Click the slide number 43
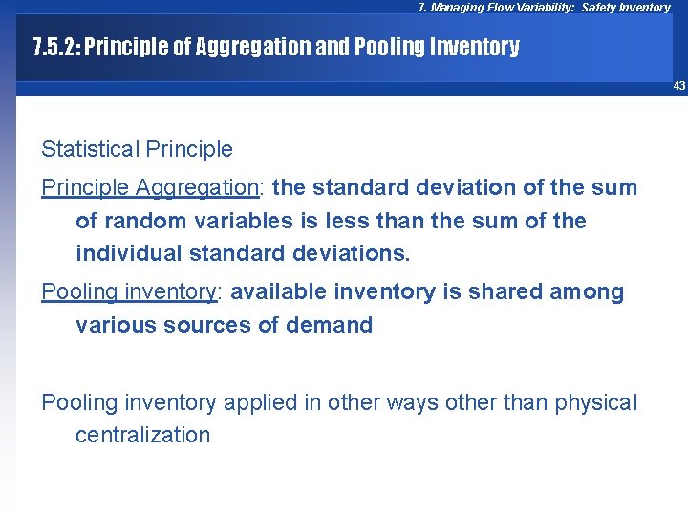point(679,86)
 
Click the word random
point(135,221)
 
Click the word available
point(276,291)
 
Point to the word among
point(587,291)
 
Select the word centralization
point(142,435)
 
